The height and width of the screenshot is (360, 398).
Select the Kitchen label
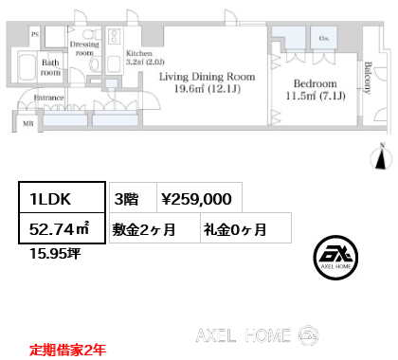point(126,55)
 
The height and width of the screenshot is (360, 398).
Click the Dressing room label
point(85,48)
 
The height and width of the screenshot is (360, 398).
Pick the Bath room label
point(50,67)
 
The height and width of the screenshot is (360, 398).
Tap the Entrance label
point(49,97)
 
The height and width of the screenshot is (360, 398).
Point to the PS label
point(35,33)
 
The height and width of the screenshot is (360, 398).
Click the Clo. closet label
point(324,40)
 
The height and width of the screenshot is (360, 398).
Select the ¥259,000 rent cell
point(196,199)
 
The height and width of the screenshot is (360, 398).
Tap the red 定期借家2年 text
point(65,349)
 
